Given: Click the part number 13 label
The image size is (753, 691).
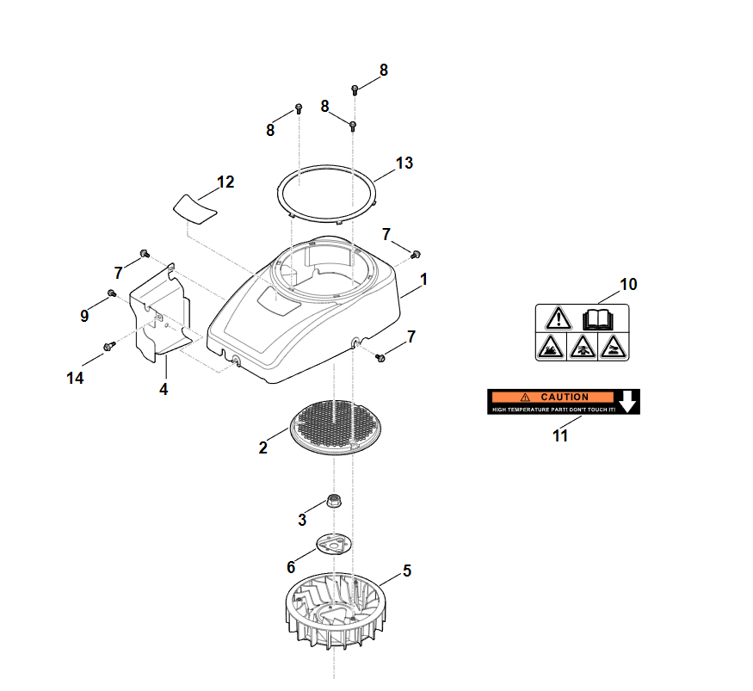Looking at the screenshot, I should point(404,163).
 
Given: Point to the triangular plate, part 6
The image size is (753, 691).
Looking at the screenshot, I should point(332,545).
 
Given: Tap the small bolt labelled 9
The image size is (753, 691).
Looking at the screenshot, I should point(112,294).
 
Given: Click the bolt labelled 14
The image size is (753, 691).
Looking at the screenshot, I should point(109,346).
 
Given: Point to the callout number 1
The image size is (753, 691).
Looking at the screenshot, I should point(423,280).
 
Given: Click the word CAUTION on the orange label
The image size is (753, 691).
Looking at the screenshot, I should point(565,397).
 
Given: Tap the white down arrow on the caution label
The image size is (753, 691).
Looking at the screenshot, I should point(629,400).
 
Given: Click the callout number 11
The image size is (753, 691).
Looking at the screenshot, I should point(560,435).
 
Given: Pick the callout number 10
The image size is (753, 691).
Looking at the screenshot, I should point(628,284).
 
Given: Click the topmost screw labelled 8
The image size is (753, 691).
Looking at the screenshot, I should point(355,88).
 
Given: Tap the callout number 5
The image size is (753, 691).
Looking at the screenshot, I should point(407,570).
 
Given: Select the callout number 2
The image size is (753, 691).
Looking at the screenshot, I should point(263,447).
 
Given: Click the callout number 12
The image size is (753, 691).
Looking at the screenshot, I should point(225,182).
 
